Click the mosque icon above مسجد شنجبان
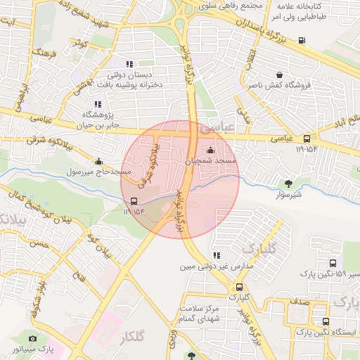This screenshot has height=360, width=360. pyautogui.click(x=211, y=150)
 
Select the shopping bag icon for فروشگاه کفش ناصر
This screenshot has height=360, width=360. pyautogui.click(x=280, y=75)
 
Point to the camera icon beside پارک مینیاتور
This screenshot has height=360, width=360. pyautogui.click(x=33, y=338)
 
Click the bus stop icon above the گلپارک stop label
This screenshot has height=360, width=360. pyautogui.click(x=240, y=287)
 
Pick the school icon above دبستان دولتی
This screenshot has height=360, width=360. pyautogui.click(x=128, y=63)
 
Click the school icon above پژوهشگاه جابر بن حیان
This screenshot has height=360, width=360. pyautogui.click(x=97, y=104)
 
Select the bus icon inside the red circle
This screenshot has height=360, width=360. pyautogui.click(x=134, y=200)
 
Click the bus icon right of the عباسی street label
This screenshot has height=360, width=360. pyautogui.click(x=307, y=139)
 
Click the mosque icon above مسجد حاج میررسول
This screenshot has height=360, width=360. pyautogui.click(x=98, y=161)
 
